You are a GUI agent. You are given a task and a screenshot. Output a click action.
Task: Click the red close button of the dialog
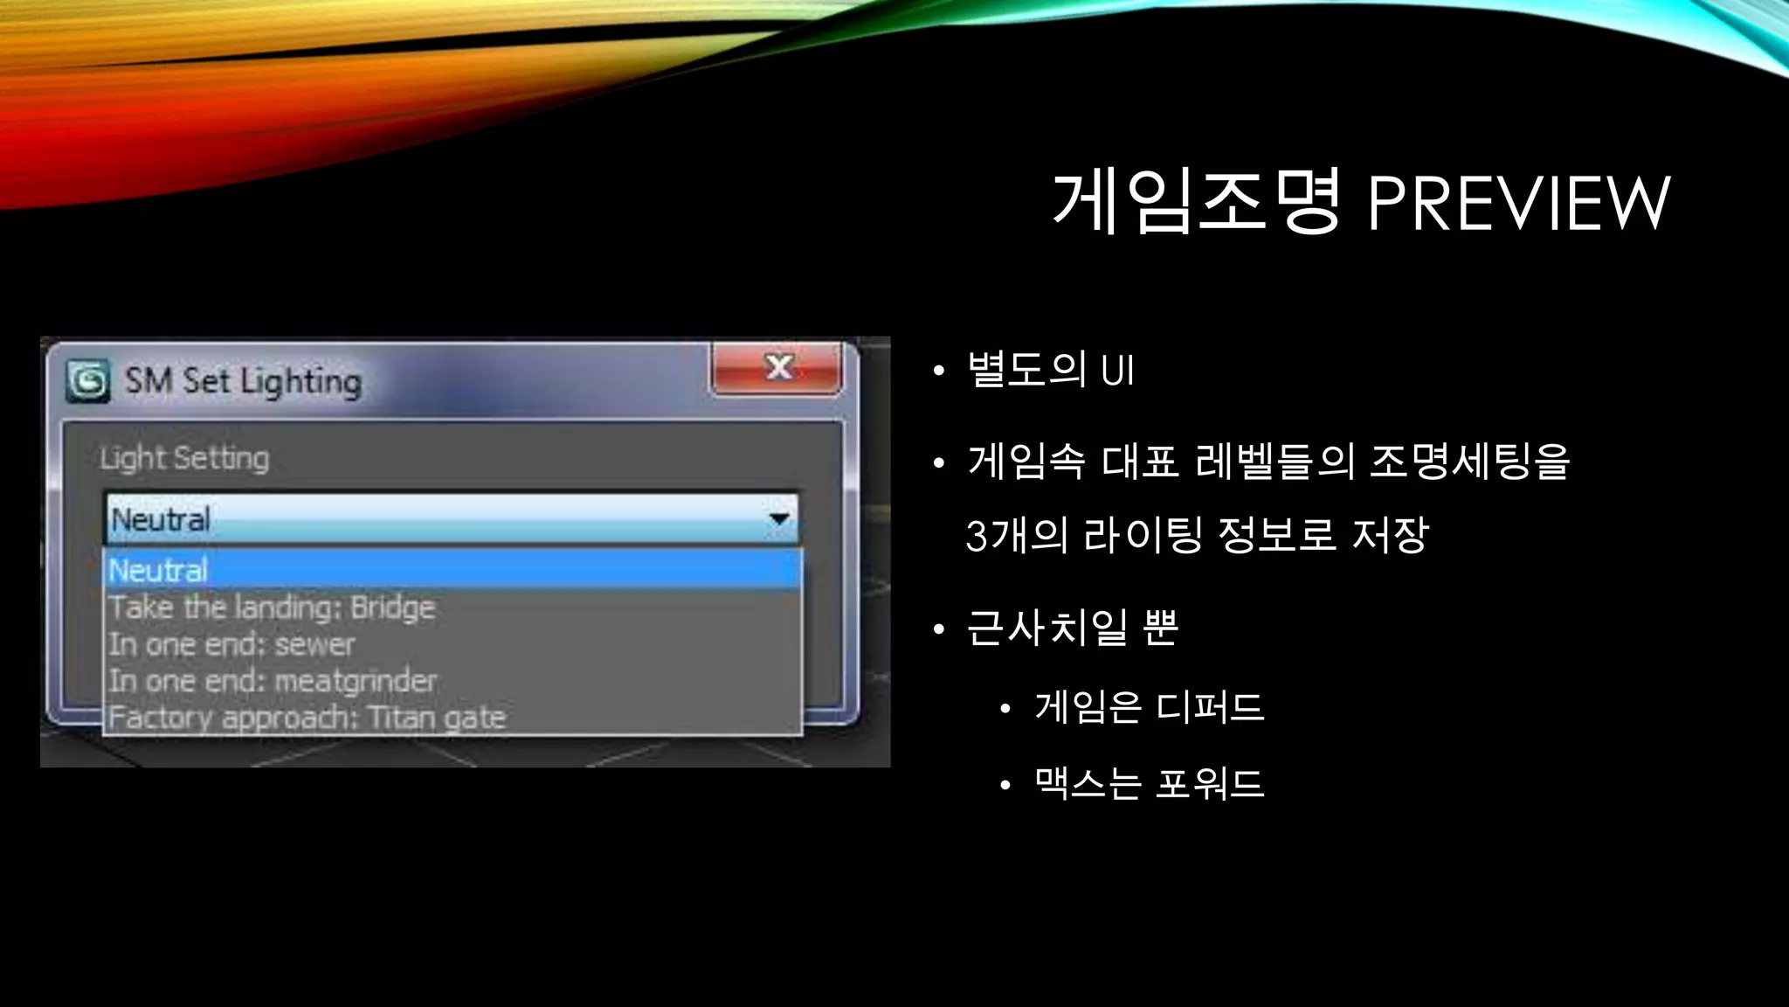point(777,368)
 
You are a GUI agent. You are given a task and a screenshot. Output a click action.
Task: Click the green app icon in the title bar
point(88,381)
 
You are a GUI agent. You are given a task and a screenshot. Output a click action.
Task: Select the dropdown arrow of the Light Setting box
point(778,519)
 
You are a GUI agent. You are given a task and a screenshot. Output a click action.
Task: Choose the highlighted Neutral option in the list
point(158,571)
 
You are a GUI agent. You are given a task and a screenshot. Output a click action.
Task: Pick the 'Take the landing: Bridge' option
point(272,608)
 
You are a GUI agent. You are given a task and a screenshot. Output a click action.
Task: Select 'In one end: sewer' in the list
point(231,644)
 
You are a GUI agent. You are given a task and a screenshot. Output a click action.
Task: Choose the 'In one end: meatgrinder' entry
point(273,681)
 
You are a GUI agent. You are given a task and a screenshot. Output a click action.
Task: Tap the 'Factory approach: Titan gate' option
point(307,718)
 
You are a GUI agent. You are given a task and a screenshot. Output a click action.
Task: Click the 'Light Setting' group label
point(184,458)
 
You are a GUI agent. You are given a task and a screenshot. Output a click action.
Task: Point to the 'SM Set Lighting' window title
point(243,381)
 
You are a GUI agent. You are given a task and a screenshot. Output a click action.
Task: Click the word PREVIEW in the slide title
point(1518,203)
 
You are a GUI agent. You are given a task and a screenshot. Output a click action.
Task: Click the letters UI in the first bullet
point(1117,370)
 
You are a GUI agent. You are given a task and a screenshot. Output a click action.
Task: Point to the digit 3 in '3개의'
point(977,536)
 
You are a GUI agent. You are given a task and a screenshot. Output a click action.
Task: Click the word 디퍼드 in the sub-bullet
point(1209,706)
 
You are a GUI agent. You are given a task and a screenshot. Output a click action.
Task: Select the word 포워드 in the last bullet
point(1209,782)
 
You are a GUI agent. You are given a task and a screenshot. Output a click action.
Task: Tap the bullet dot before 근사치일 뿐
point(939,629)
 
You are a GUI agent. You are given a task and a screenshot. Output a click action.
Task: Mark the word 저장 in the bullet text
point(1390,535)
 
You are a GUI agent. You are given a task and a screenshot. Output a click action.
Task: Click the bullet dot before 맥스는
point(1005,785)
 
